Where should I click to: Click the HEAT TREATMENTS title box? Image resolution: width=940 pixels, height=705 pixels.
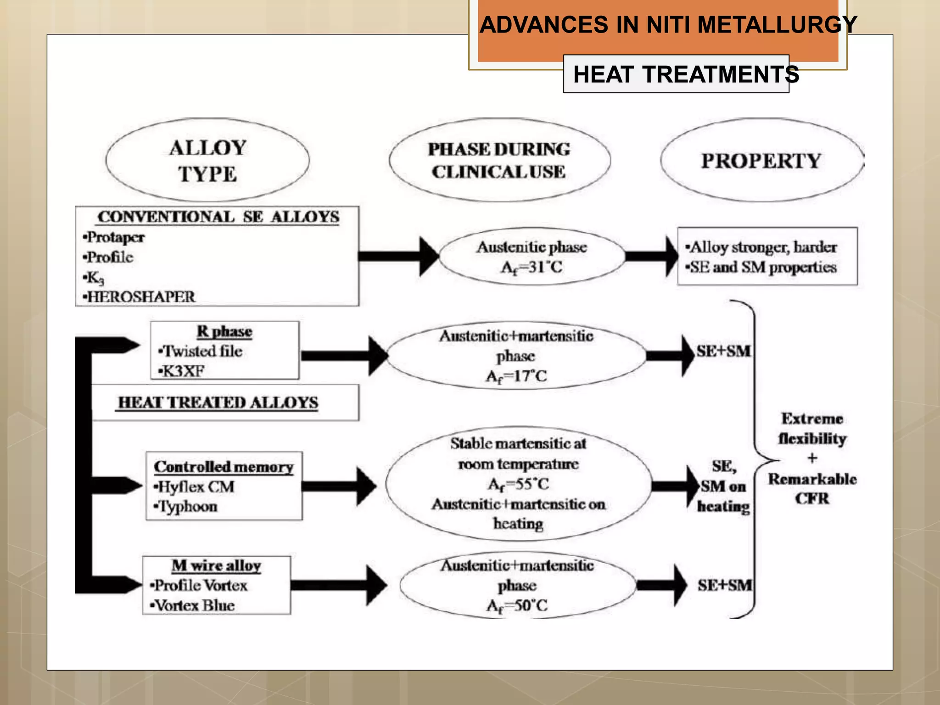[676, 74]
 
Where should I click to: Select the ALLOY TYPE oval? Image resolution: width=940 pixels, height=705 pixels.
[207, 160]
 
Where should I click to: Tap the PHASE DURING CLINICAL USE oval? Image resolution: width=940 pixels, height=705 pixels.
[499, 160]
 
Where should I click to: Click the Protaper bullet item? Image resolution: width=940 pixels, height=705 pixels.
[115, 237]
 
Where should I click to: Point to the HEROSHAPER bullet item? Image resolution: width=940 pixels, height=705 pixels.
[140, 297]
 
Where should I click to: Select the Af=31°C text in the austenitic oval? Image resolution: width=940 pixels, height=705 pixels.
[532, 267]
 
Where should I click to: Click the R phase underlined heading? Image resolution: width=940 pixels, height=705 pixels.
[224, 331]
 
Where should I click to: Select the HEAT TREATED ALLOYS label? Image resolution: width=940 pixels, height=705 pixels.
[218, 403]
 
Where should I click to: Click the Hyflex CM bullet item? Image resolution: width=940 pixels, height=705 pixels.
[196, 487]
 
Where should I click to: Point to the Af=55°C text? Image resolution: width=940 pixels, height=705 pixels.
[518, 484]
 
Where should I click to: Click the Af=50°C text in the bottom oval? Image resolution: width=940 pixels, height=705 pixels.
[517, 606]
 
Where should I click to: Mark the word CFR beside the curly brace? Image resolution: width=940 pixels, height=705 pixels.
[812, 498]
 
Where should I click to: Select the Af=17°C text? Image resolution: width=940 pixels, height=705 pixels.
[516, 376]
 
